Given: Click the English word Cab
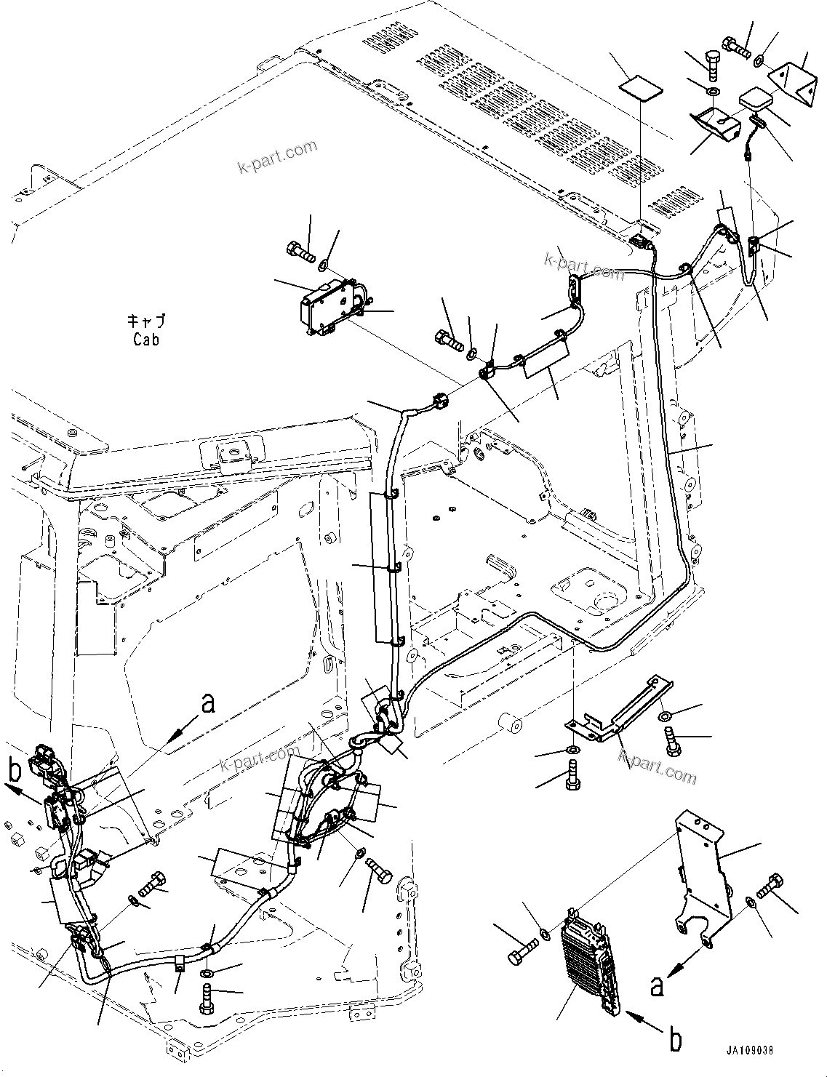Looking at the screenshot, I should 146,339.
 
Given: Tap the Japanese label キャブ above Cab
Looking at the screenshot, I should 146,321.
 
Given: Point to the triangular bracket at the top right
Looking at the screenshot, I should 789,79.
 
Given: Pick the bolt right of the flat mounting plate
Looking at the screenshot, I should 771,885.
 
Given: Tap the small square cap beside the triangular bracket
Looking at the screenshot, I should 755,100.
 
